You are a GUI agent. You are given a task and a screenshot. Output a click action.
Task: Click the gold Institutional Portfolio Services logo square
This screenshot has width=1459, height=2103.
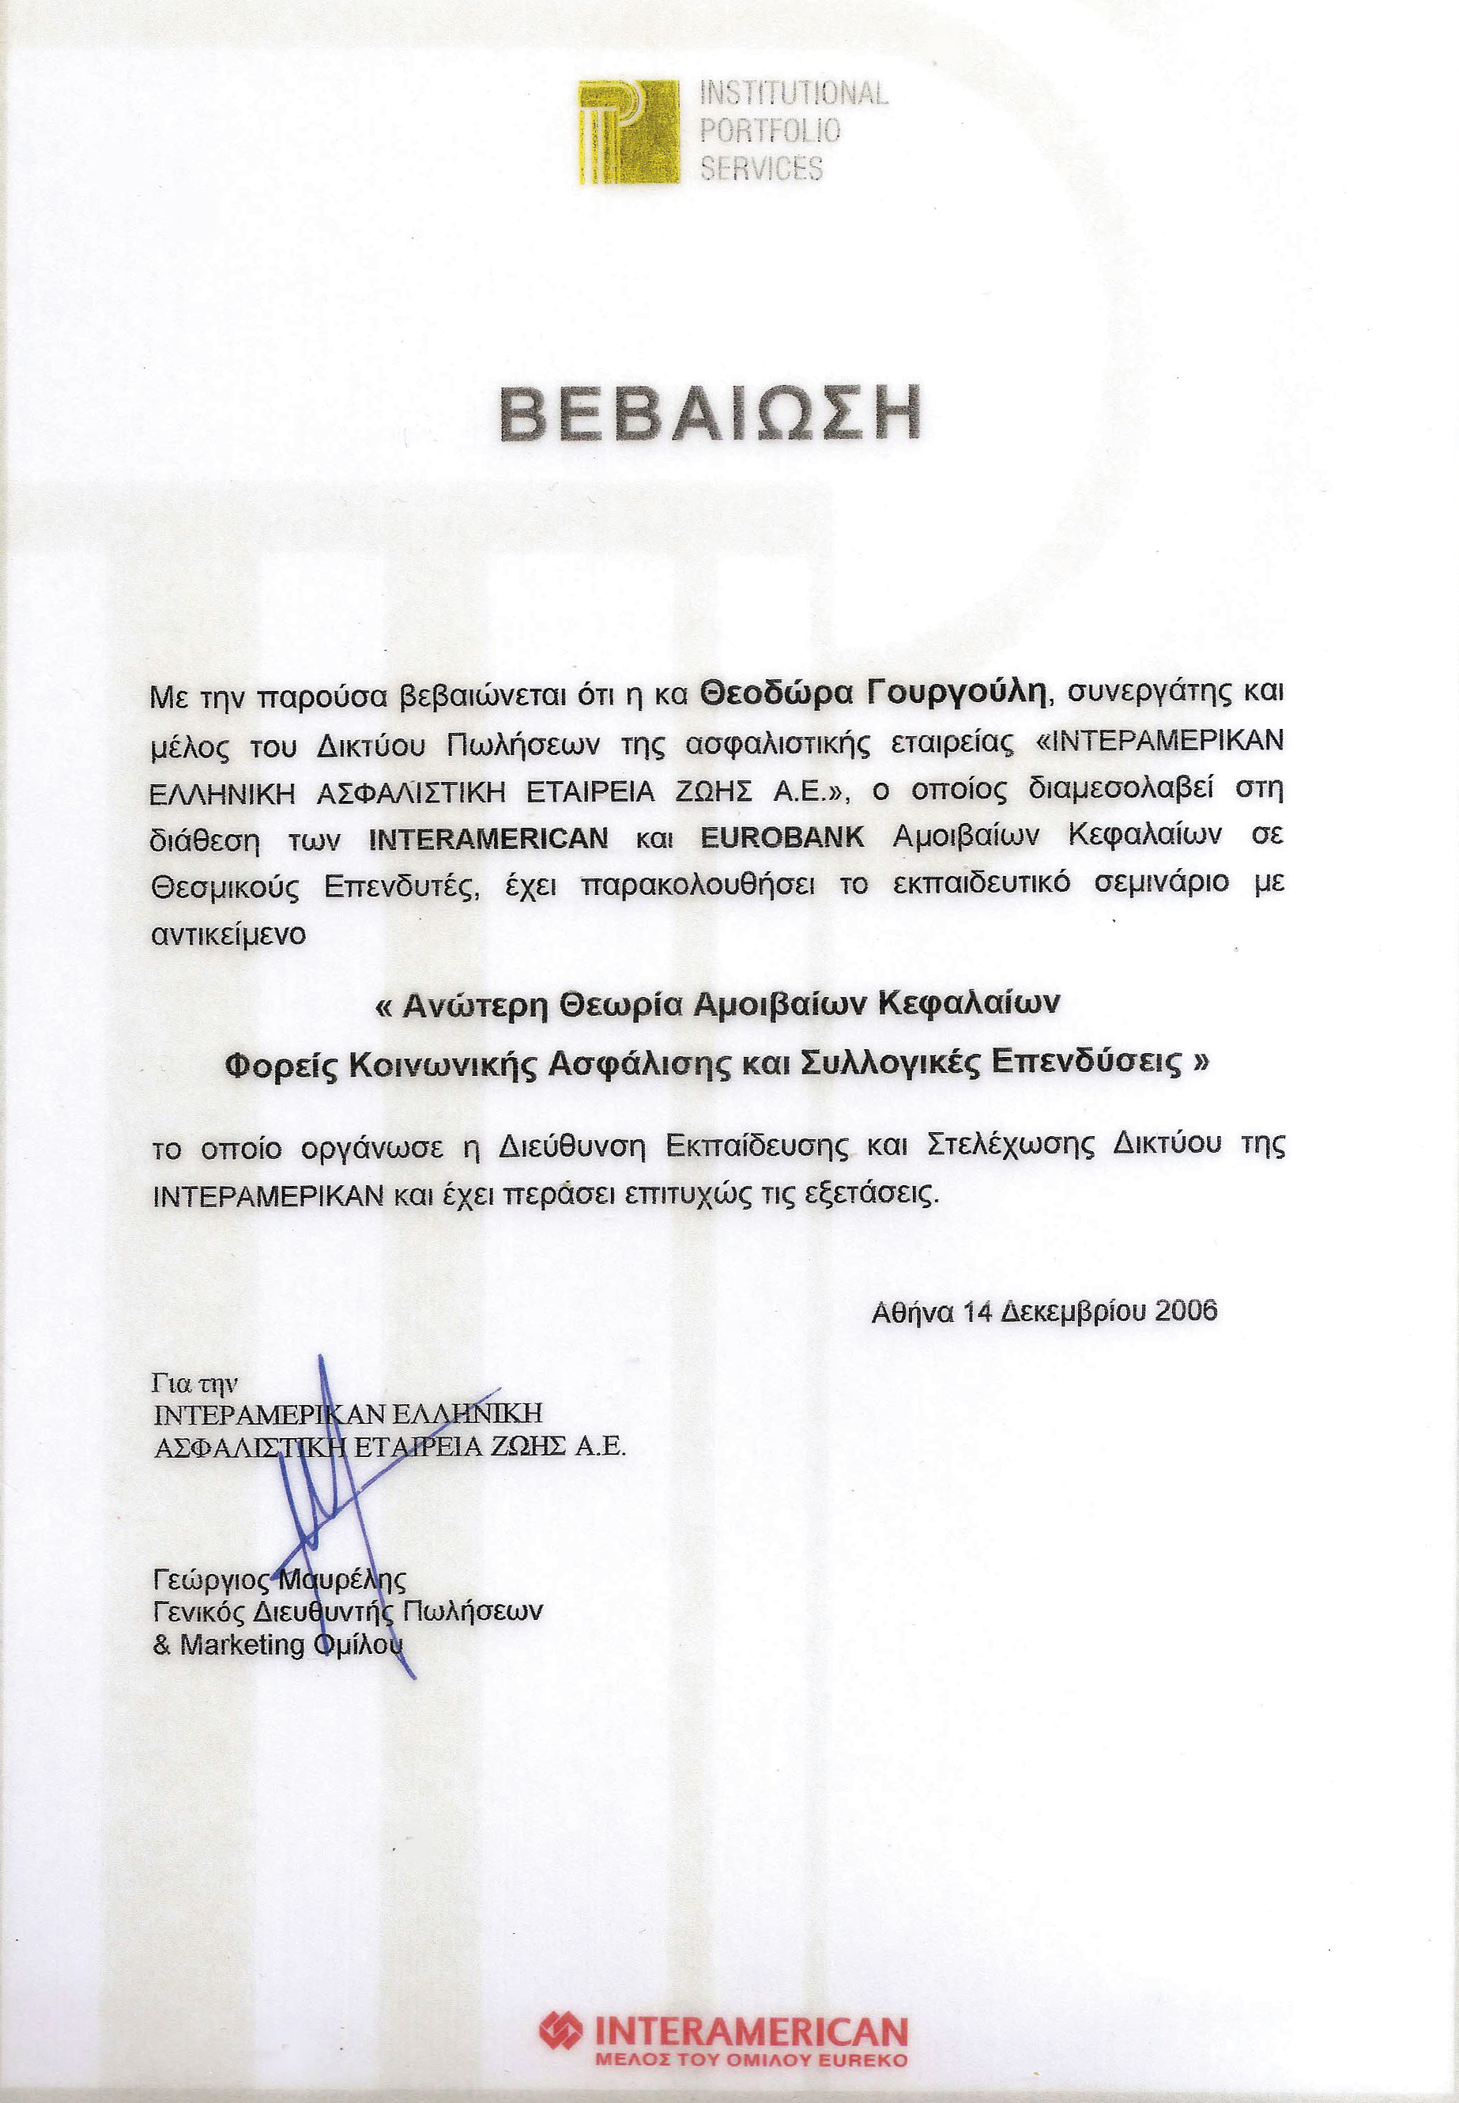click(x=628, y=132)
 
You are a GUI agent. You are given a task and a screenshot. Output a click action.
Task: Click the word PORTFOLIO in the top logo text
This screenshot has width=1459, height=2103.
click(x=770, y=130)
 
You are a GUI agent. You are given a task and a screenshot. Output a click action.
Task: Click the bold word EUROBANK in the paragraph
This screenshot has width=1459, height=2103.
click(x=782, y=837)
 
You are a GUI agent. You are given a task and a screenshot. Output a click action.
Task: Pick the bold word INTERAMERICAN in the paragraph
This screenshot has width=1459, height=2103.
click(x=488, y=839)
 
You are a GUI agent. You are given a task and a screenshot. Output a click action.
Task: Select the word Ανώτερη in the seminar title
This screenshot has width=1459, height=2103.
click(x=474, y=1005)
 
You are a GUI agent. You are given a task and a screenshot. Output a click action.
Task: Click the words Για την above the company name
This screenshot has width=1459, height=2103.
click(x=194, y=1384)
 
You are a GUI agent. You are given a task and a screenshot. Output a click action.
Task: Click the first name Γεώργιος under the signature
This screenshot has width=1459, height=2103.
click(x=212, y=1579)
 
